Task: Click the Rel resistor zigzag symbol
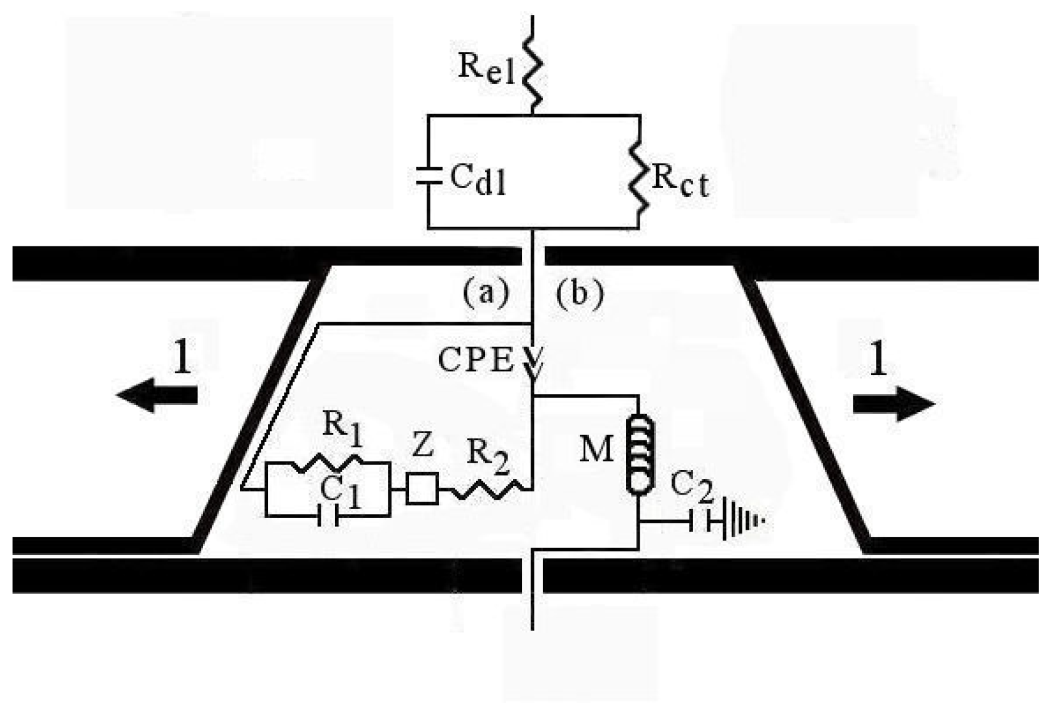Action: pyautogui.click(x=533, y=72)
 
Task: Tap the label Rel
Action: pyautogui.click(x=486, y=67)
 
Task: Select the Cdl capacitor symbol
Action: pyautogui.click(x=429, y=176)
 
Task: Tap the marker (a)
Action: pyautogui.click(x=486, y=292)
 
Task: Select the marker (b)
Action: pyautogui.click(x=579, y=293)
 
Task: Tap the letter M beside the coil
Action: pyautogui.click(x=596, y=448)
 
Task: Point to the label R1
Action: pyautogui.click(x=341, y=429)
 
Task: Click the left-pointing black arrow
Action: pyautogui.click(x=157, y=396)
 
